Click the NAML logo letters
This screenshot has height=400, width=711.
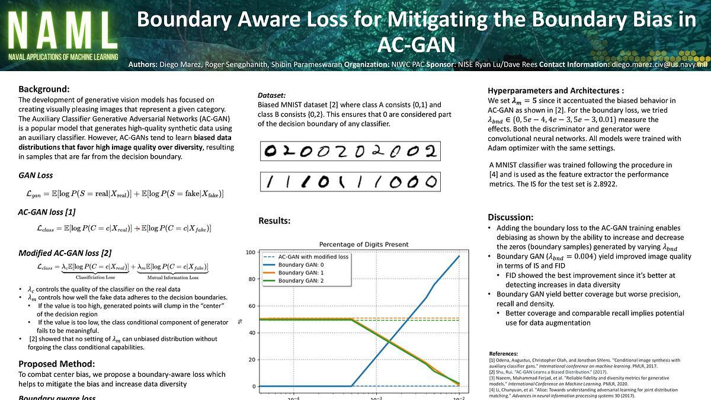coord(62,30)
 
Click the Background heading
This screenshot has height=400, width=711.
coord(44,89)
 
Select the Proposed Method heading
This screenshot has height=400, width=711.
coord(56,364)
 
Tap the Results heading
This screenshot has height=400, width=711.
coord(274,220)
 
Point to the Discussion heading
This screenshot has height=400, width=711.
coord(511,217)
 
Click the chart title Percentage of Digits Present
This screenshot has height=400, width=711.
coord(364,244)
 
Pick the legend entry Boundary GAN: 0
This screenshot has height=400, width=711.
coord(302,265)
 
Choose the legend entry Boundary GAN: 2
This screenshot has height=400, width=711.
coord(302,280)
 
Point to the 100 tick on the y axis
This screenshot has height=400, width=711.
coord(250,253)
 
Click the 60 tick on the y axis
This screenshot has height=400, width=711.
coord(251,306)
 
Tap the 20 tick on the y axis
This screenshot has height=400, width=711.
coord(251,360)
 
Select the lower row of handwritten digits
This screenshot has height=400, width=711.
coord(350,182)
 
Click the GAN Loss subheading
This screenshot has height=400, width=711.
coord(36,175)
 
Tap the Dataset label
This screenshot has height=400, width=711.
coord(271,95)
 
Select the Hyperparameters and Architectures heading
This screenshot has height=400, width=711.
coord(556,91)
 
